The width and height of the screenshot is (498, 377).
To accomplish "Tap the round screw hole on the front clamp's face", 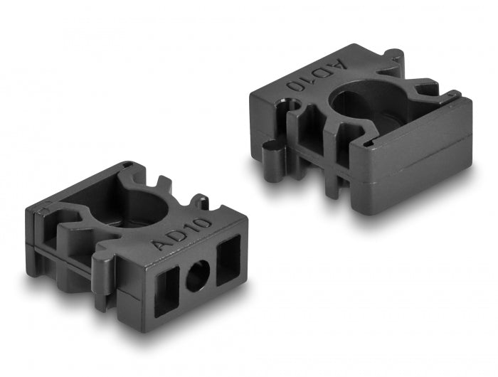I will (x=198, y=275).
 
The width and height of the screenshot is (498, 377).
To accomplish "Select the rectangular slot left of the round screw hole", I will (x=167, y=291).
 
